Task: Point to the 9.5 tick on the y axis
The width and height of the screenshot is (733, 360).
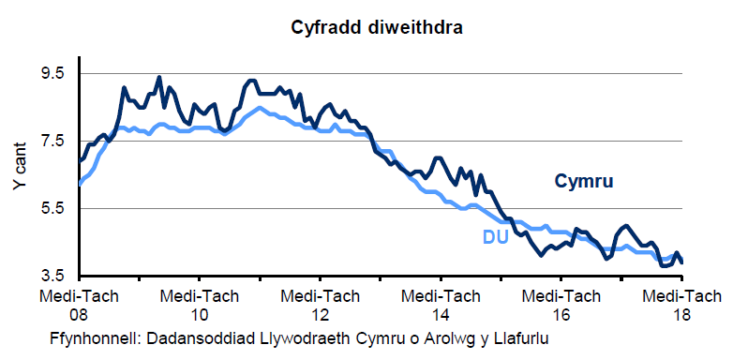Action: [52, 74]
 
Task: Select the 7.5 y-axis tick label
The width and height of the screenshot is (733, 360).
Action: [52, 141]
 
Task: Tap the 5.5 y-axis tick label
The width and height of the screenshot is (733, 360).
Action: [52, 208]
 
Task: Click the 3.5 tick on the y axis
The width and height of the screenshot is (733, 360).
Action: [52, 276]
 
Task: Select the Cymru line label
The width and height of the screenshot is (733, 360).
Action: [583, 181]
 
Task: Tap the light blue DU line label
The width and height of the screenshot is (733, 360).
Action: [495, 237]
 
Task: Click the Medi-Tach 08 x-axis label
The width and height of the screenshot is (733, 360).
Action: [79, 305]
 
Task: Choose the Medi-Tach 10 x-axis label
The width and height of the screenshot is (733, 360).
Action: [199, 305]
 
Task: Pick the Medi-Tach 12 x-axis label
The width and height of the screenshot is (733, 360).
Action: [320, 305]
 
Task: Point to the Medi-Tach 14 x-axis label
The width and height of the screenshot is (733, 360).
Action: [440, 305]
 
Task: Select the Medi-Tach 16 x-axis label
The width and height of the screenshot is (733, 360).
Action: [561, 305]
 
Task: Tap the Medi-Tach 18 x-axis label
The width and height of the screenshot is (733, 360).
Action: [681, 305]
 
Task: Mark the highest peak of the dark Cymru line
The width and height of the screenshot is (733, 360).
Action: [158, 78]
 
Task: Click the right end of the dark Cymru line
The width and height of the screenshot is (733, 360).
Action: [681, 262]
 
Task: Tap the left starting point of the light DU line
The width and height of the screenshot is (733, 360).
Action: [80, 184]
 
